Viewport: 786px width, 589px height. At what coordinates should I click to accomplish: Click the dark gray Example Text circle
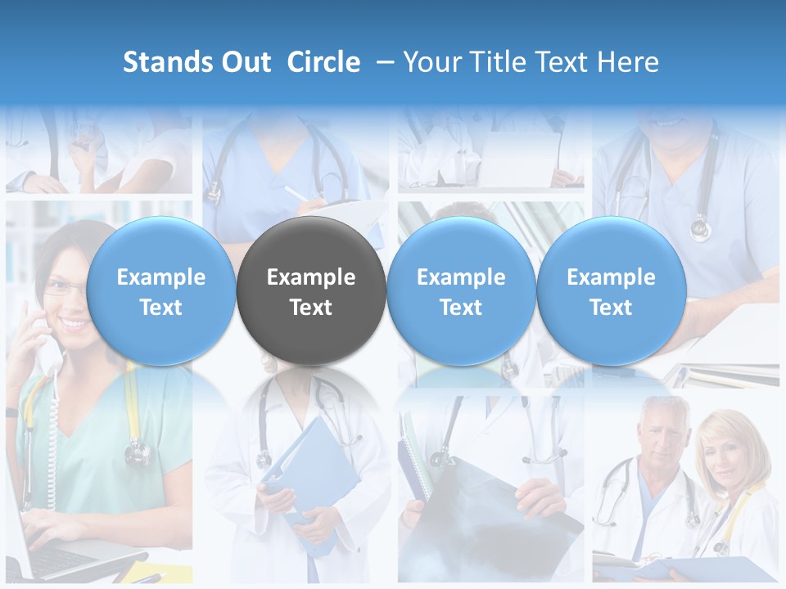[x=311, y=291]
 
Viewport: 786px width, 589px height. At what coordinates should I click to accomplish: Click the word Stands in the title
[x=156, y=62]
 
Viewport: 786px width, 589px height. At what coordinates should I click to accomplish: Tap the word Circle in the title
[x=323, y=62]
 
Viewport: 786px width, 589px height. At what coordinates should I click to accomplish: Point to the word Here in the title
[x=628, y=62]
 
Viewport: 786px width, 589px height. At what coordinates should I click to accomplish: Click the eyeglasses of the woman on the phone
[x=64, y=288]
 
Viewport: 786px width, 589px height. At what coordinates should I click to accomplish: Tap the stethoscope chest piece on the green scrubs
[x=137, y=451]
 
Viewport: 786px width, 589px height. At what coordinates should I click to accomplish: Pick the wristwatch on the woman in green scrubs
[x=11, y=412]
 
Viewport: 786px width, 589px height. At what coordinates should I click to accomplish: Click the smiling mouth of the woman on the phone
[x=74, y=324]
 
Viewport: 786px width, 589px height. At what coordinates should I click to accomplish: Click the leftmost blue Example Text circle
[x=161, y=291]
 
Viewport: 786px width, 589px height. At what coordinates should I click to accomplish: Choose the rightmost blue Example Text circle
[x=612, y=291]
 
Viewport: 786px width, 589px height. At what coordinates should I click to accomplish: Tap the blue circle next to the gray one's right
[x=461, y=291]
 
